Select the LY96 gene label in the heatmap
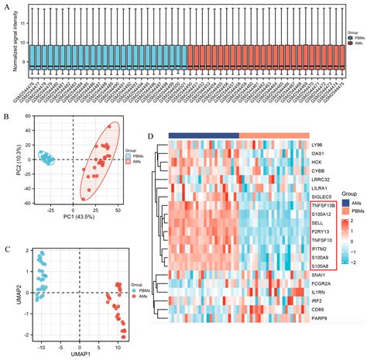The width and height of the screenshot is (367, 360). point(317,145)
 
